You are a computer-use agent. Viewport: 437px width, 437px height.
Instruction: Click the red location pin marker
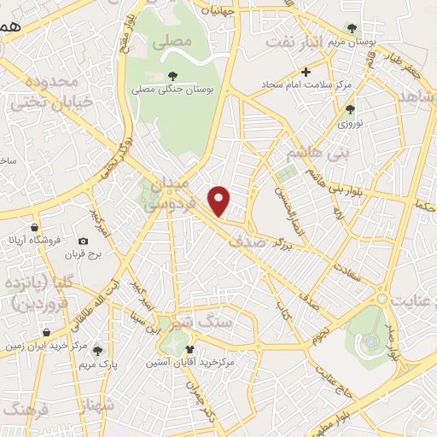click(220, 201)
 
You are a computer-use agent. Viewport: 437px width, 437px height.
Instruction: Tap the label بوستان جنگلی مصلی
click(173, 89)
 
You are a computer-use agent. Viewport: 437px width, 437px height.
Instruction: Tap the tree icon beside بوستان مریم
click(350, 28)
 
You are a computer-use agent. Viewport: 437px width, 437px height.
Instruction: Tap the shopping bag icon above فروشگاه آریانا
click(34, 228)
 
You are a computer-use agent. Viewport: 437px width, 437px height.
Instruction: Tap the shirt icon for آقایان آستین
click(189, 349)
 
